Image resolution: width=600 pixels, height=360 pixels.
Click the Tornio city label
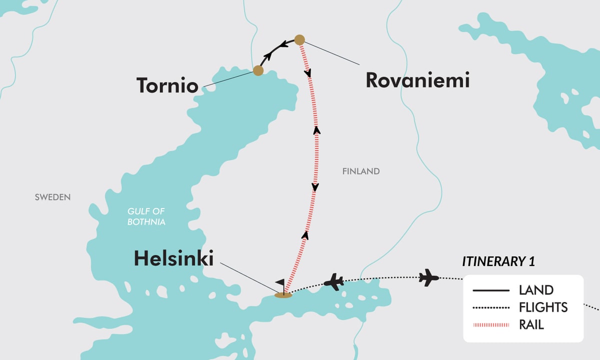(167, 85)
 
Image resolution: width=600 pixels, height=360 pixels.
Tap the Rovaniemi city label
(417, 80)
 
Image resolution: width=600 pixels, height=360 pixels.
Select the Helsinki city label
(173, 259)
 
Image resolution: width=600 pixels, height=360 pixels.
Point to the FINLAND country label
(361, 171)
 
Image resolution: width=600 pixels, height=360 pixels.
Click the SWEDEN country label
(52, 197)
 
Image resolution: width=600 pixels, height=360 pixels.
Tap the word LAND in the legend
(536, 290)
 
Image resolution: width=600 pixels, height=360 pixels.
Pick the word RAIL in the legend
(531, 324)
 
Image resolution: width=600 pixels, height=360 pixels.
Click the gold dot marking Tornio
(258, 70)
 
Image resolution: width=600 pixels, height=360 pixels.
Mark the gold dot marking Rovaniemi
(299, 39)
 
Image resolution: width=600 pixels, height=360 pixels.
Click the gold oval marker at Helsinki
(283, 295)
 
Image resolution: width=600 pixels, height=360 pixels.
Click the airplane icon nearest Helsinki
(333, 282)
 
